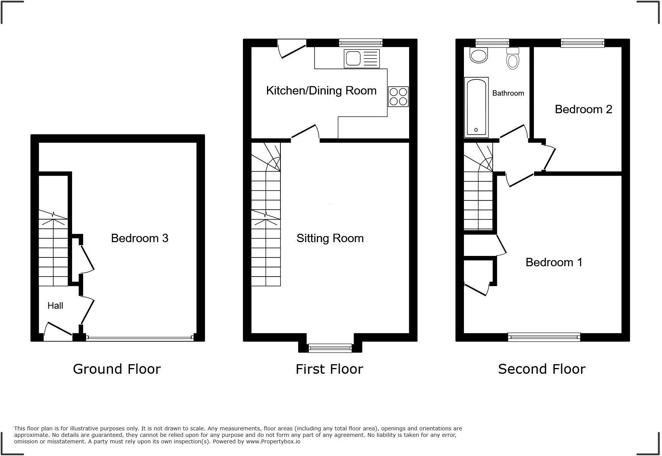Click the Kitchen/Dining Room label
click(321, 91)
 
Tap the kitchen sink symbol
click(362, 59)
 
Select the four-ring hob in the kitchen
click(398, 96)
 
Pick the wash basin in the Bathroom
click(478, 55)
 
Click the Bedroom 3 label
click(139, 238)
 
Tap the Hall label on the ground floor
click(55, 306)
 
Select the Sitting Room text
click(330, 238)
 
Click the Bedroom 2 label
click(583, 109)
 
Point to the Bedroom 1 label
click(554, 262)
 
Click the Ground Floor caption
click(117, 369)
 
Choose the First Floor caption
click(329, 369)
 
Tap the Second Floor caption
click(542, 369)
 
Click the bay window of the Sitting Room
click(330, 348)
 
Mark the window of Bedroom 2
click(582, 43)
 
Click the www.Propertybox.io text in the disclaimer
click(273, 441)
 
